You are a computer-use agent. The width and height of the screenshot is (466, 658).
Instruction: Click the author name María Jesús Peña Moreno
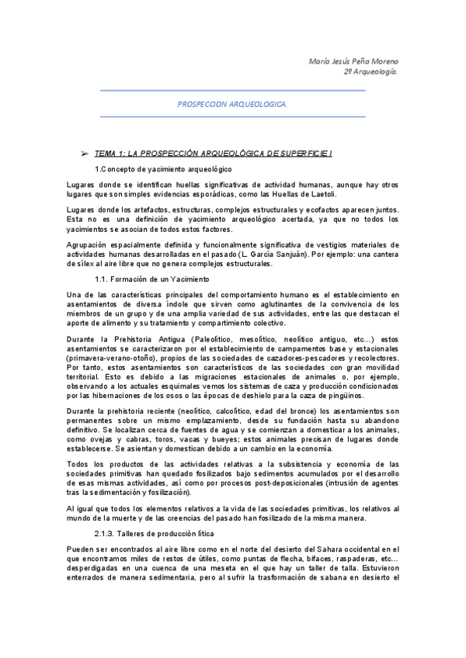354,61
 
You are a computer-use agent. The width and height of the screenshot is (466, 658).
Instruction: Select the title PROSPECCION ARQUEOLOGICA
232,103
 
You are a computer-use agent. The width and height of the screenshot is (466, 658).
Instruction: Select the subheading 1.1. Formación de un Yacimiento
151,278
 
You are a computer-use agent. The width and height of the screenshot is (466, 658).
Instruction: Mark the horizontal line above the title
232,91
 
